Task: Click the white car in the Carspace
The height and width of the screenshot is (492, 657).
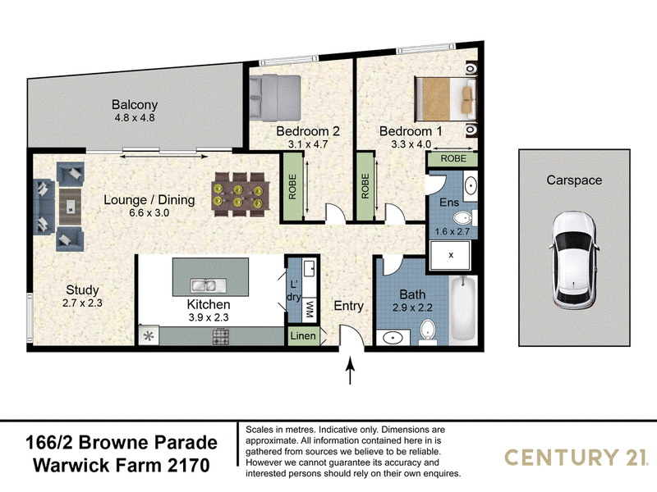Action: pyautogui.click(x=573, y=260)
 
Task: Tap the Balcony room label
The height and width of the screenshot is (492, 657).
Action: pyautogui.click(x=135, y=105)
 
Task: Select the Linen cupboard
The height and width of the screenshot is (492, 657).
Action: pyautogui.click(x=303, y=335)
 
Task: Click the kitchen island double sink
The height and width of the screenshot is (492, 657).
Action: pyautogui.click(x=204, y=285)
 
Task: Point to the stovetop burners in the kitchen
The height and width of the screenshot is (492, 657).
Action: pyautogui.click(x=220, y=336)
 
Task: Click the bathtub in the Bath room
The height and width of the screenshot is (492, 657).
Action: pyautogui.click(x=463, y=309)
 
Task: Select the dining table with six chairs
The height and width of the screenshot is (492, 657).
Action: pyautogui.click(x=241, y=194)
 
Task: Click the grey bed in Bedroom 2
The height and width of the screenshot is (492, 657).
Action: pyautogui.click(x=275, y=97)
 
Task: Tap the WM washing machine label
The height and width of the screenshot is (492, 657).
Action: pyautogui.click(x=310, y=310)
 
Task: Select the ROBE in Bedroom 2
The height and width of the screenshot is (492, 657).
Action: pyautogui.click(x=292, y=187)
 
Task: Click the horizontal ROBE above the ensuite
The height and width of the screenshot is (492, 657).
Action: pyautogui.click(x=453, y=158)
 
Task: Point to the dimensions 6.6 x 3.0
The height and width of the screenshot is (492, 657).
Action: pyautogui.click(x=149, y=212)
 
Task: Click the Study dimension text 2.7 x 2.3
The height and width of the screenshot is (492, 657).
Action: pyautogui.click(x=82, y=303)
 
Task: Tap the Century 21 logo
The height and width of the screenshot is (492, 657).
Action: pyautogui.click(x=575, y=458)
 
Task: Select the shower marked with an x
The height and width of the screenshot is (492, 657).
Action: pyautogui.click(x=450, y=255)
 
